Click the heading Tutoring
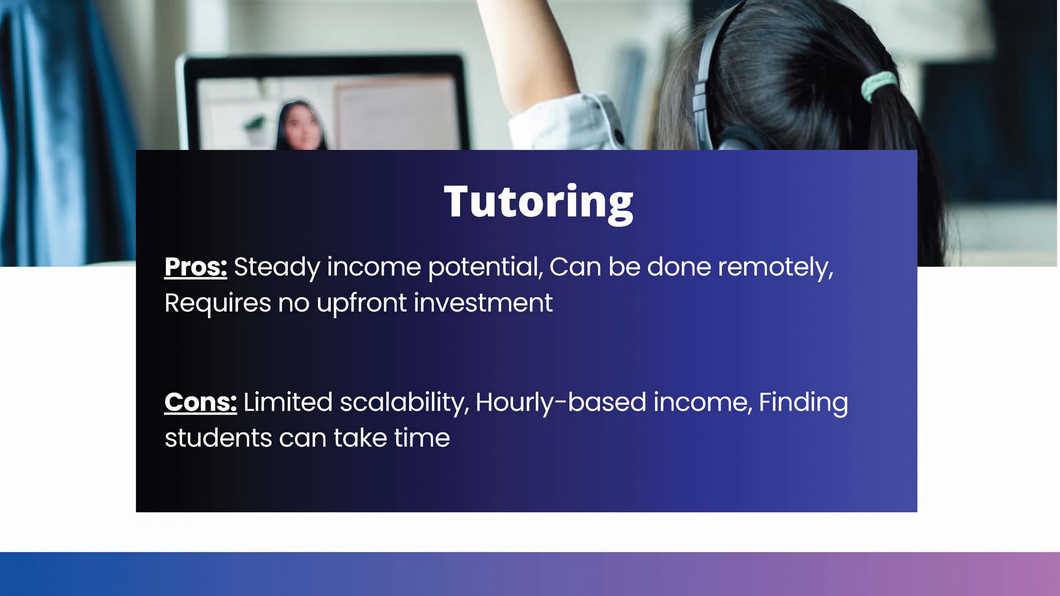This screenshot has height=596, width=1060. (538, 203)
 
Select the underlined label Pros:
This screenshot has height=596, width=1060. (195, 267)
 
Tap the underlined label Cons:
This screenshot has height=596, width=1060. (200, 402)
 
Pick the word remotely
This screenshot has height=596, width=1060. (776, 267)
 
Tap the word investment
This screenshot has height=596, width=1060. (483, 303)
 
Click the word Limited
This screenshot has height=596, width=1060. (288, 402)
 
